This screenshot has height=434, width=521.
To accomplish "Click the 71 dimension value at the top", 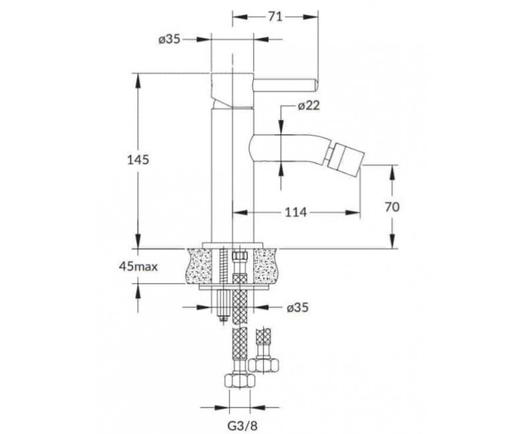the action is [275, 17].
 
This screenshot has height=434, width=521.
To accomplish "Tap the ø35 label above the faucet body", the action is [169, 39].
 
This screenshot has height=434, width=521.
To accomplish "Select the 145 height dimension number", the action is [138, 160].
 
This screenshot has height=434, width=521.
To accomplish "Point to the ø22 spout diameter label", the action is [309, 106].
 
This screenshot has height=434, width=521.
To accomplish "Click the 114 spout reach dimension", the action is [296, 212].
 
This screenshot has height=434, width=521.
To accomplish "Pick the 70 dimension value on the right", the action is [392, 207].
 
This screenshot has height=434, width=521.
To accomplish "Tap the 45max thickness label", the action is [138, 266].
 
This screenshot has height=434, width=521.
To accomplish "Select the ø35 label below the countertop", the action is [298, 308].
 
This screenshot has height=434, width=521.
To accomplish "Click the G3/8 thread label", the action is [242, 425].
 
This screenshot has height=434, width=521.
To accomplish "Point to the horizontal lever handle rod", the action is [285, 85].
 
